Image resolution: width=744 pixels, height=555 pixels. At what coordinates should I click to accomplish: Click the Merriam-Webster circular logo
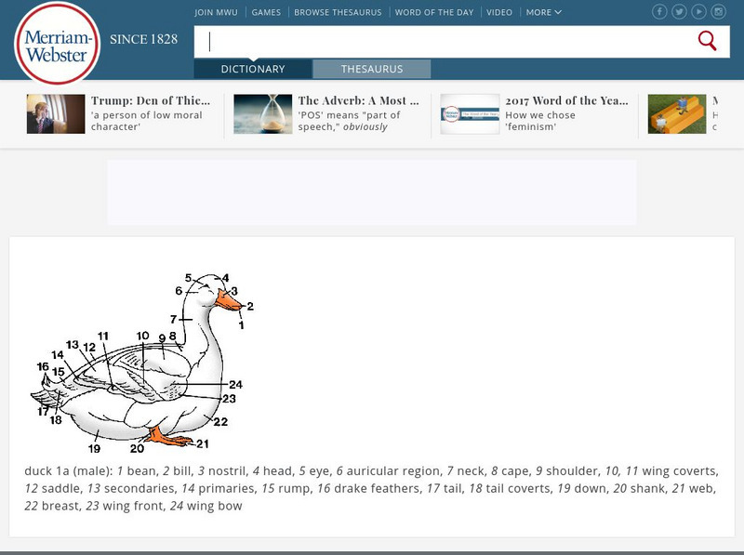[58, 44]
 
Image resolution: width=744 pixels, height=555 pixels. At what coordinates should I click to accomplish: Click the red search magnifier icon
[707, 41]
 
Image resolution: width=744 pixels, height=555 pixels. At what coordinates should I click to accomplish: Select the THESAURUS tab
[371, 69]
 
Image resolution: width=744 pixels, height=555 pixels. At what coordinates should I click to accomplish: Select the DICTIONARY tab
[253, 69]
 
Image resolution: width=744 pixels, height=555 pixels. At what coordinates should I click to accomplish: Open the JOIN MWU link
[217, 13]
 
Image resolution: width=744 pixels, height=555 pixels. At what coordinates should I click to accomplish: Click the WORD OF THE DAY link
[433, 13]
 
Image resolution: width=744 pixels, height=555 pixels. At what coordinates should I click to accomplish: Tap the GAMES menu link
[266, 13]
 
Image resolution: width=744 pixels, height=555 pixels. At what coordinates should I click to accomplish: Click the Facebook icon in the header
[659, 12]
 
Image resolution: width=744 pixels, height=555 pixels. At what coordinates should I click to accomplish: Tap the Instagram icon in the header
[718, 12]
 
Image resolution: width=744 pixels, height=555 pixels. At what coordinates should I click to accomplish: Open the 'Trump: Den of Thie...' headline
[149, 100]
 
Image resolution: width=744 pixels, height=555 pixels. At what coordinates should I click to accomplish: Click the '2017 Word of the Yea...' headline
[566, 100]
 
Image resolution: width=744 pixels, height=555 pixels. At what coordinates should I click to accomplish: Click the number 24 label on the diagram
[235, 384]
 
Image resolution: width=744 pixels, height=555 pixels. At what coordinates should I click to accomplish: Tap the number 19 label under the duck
[95, 449]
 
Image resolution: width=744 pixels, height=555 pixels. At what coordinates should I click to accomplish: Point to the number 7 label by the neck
[173, 319]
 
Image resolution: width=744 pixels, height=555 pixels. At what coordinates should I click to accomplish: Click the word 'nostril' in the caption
[227, 471]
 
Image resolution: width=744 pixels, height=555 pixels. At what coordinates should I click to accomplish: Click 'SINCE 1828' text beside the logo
[143, 40]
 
